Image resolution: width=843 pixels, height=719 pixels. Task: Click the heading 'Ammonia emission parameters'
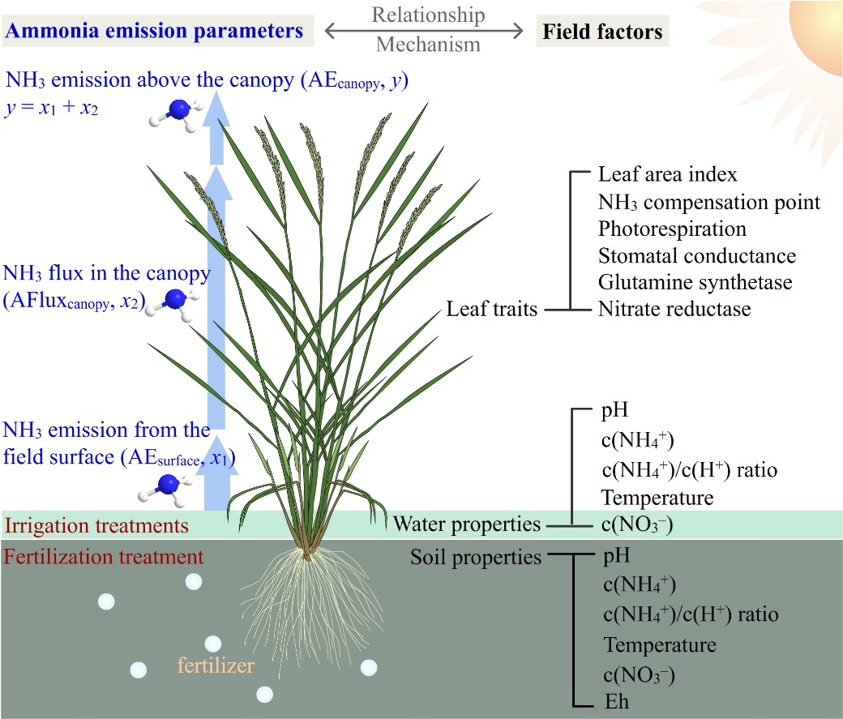click(154, 32)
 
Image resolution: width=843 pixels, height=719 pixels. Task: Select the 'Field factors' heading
click(602, 32)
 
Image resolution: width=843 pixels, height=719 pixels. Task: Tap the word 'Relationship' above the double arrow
click(428, 15)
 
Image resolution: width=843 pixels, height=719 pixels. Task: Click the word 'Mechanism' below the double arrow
click(428, 45)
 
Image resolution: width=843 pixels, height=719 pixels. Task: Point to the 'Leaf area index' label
click(668, 174)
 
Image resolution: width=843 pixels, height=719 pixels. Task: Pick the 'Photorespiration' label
click(672, 229)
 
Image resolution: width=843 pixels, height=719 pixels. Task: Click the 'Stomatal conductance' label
click(697, 255)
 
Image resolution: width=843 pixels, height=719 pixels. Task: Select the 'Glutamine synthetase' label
click(695, 282)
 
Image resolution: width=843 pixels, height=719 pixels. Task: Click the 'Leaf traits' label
click(492, 309)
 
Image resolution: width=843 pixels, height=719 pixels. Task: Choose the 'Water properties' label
click(466, 524)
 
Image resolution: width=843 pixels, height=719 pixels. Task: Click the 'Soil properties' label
click(476, 558)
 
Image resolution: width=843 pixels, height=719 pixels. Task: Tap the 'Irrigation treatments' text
click(96, 525)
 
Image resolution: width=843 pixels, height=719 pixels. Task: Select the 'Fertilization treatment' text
click(103, 557)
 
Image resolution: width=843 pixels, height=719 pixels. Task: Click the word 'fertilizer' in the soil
click(216, 667)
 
